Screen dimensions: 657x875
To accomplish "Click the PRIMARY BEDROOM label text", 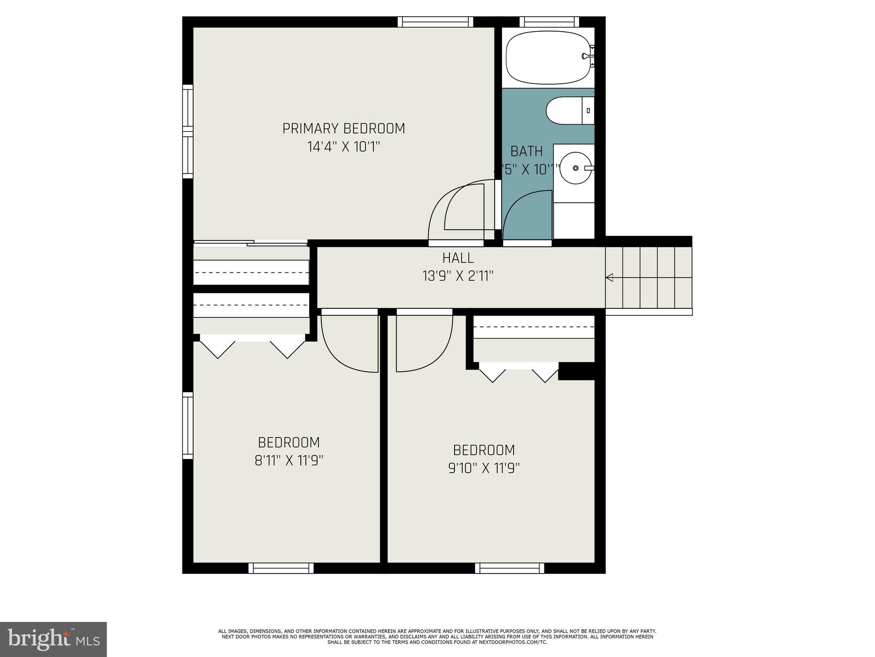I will pos(344,128).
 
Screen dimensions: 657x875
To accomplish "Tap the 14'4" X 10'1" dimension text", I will pos(344,147).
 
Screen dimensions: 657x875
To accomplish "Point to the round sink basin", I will pos(576,168).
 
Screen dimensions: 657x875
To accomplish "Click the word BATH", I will pos(526,151).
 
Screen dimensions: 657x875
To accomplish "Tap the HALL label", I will pos(458,258).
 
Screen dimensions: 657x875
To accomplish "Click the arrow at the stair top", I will pos(610,278).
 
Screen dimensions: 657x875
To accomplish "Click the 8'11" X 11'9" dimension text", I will pos(289,461).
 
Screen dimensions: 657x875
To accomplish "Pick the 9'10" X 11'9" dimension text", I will pos(484,468).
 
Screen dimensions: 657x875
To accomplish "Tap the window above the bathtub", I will pos(549,22).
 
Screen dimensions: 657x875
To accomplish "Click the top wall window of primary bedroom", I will pos(435,22).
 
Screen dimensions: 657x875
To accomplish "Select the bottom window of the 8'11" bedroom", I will pos(281,568).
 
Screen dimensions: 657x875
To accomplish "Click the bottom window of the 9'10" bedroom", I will pos(510,568).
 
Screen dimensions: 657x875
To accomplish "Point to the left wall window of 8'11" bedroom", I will pos(188,426).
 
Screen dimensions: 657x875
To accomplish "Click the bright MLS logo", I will pos(53,639).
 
